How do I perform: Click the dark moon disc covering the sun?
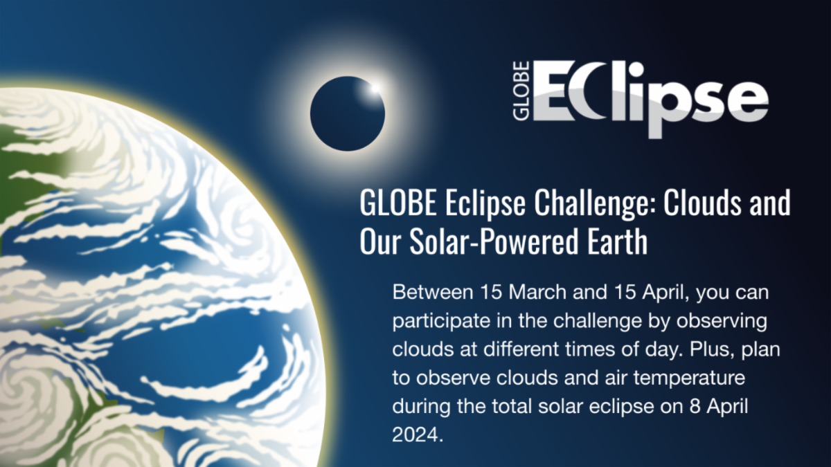347,113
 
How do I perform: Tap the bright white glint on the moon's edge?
375,89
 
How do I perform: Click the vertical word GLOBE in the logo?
521,91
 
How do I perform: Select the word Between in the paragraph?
433,292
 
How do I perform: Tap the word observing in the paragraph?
722,321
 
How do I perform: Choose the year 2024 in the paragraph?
415,434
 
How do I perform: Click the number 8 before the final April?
695,406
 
